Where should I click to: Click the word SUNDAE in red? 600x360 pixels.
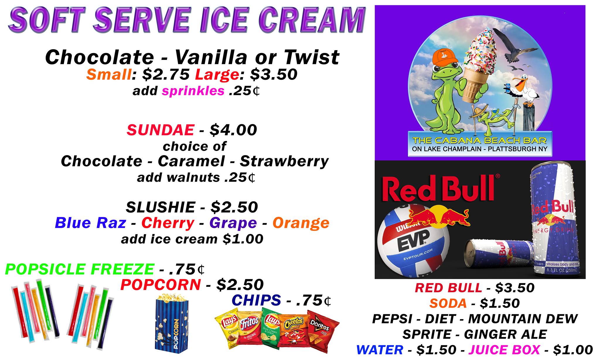161,130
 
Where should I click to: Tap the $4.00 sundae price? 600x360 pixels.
233,130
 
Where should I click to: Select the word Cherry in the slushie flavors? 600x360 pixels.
168,223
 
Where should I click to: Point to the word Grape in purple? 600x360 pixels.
233,223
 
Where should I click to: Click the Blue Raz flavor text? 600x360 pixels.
91,223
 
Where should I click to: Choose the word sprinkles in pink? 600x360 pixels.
193,91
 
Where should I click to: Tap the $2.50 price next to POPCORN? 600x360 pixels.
240,285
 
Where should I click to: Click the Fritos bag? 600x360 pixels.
249,330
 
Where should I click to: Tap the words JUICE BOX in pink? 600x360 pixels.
504,350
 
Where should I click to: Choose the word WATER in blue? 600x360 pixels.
380,350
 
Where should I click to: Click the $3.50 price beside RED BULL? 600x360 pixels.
515,288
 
